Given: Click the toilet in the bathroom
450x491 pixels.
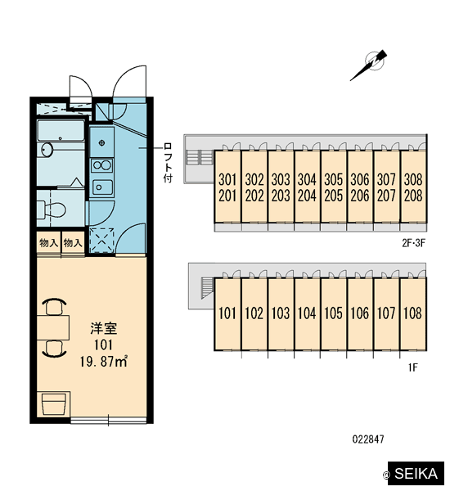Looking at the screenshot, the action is pos(51,209).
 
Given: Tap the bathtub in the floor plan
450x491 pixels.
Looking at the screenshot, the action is pos(61,130).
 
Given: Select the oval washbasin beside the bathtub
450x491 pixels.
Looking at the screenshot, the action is pos(47,150).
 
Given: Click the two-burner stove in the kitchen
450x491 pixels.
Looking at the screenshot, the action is pos(101,164).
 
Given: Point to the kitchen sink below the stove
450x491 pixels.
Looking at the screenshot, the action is pos(101,187).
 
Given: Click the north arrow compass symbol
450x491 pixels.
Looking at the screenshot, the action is pos(370,65).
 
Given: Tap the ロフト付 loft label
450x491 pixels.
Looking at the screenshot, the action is pos(168,163).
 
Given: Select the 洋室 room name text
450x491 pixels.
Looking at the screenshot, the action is pos(104,328).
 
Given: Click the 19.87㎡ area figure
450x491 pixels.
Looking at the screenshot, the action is pos(104,362).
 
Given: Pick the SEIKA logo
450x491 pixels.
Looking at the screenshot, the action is pos(416,473).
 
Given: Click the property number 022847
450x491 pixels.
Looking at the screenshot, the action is pos(368,439).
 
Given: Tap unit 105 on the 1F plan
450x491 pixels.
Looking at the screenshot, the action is pos(334,313).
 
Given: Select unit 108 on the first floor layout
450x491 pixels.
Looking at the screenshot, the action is pos(412,313).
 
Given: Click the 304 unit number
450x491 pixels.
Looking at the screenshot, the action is pos(307,179).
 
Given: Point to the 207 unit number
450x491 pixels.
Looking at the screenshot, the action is pos(386,196).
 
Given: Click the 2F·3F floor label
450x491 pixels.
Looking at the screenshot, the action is pos(413,243).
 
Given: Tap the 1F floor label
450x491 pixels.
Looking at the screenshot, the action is pos(412,367).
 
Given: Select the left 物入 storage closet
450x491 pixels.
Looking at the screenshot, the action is pos(49,243).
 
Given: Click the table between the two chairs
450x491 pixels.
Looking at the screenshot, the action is pos(53,327).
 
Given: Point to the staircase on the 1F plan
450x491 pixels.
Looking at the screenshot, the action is pos(207,288).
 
